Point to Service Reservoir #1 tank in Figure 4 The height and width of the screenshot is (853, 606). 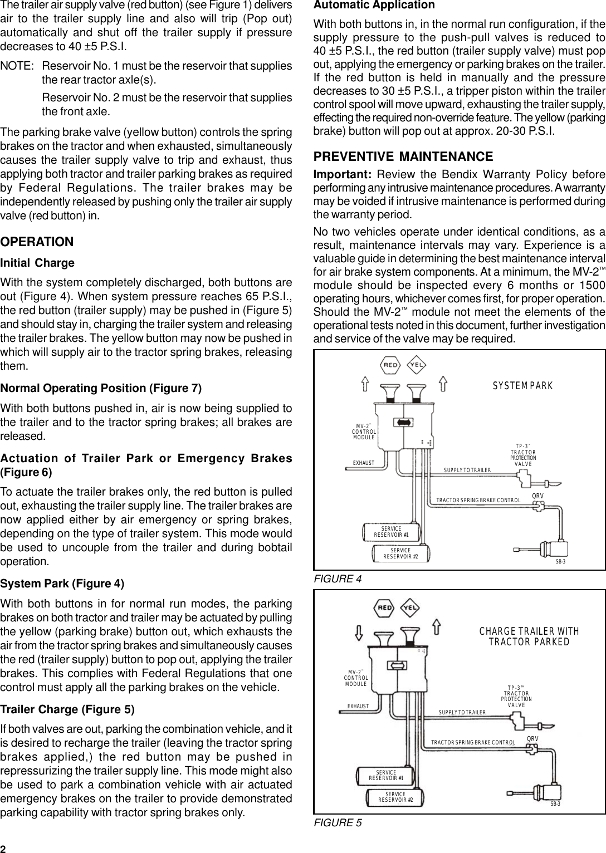coord(391,532)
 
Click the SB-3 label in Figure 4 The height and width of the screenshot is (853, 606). coord(560,562)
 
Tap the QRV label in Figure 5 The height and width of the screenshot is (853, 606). coord(533,739)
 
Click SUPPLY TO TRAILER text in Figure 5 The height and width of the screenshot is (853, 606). coord(462,712)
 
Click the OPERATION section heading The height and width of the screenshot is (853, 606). coord(37,242)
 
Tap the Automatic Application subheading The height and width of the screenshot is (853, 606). coord(374,6)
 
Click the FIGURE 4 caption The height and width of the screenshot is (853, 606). coord(338,579)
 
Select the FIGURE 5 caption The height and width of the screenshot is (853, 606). coord(338,822)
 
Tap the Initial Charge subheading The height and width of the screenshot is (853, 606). coord(38,263)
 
